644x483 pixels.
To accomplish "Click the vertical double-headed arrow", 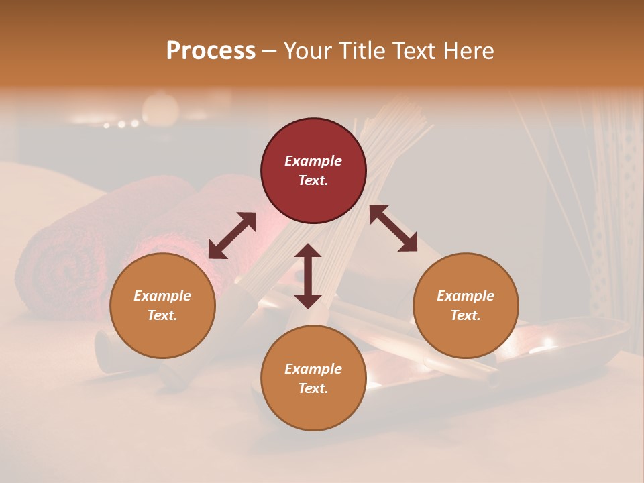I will click(x=308, y=276).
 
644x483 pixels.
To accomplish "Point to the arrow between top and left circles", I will click(x=232, y=235).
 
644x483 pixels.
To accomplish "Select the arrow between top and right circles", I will click(x=394, y=228).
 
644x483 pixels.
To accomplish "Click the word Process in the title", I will click(x=211, y=51).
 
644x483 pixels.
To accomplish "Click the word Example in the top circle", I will click(x=313, y=161).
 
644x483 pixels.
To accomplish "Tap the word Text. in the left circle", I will click(x=162, y=315).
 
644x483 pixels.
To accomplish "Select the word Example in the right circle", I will click(x=466, y=296).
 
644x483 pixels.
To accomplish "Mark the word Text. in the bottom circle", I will click(x=313, y=388).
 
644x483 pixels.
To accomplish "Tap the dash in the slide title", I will click(x=270, y=51).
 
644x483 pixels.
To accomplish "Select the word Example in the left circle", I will click(x=162, y=296).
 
